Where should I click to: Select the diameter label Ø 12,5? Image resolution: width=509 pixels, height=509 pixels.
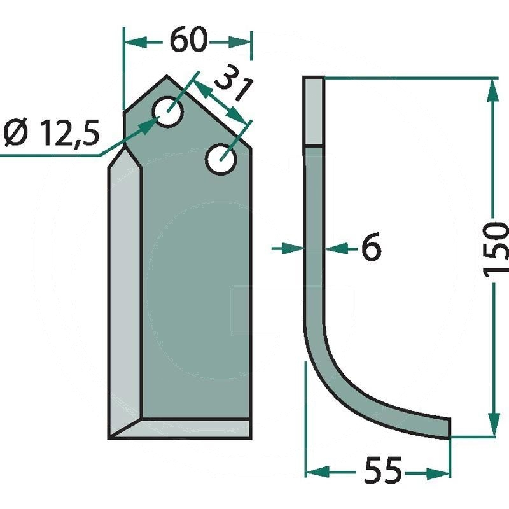52,132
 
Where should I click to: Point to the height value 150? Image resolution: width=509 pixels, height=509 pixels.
495,246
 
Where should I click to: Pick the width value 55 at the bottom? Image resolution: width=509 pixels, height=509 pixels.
383,470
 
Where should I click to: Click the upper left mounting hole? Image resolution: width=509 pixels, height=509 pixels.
167,112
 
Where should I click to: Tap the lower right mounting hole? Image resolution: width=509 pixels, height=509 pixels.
221,159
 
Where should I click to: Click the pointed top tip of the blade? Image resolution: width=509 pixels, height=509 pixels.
167,76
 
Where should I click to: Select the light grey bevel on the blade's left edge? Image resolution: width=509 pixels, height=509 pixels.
125,292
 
